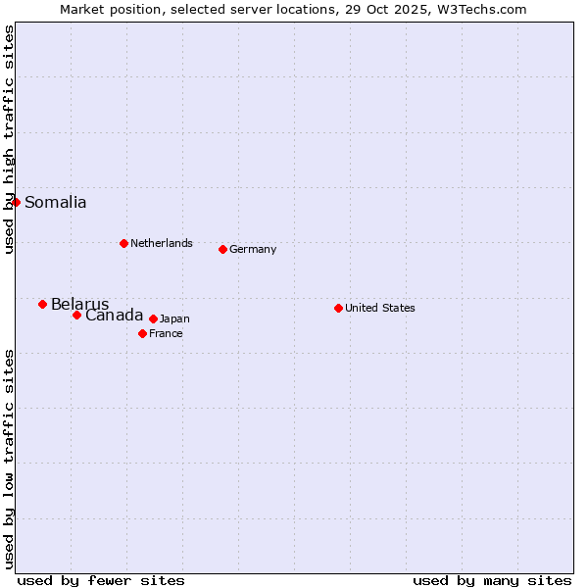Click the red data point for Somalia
[16, 202]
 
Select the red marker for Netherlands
[123, 243]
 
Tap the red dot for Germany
[222, 249]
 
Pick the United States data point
[338, 308]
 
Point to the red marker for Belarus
[42, 304]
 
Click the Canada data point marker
[76, 315]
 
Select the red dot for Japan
[153, 318]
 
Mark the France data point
[142, 333]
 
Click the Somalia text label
[55, 203]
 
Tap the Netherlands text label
[161, 243]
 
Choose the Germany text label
[253, 249]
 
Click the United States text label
[379, 308]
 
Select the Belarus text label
[79, 304]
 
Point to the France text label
[166, 333]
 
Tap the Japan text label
[174, 318]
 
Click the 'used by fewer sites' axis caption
[100, 580]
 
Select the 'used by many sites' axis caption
[492, 580]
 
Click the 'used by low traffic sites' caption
[9, 458]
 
